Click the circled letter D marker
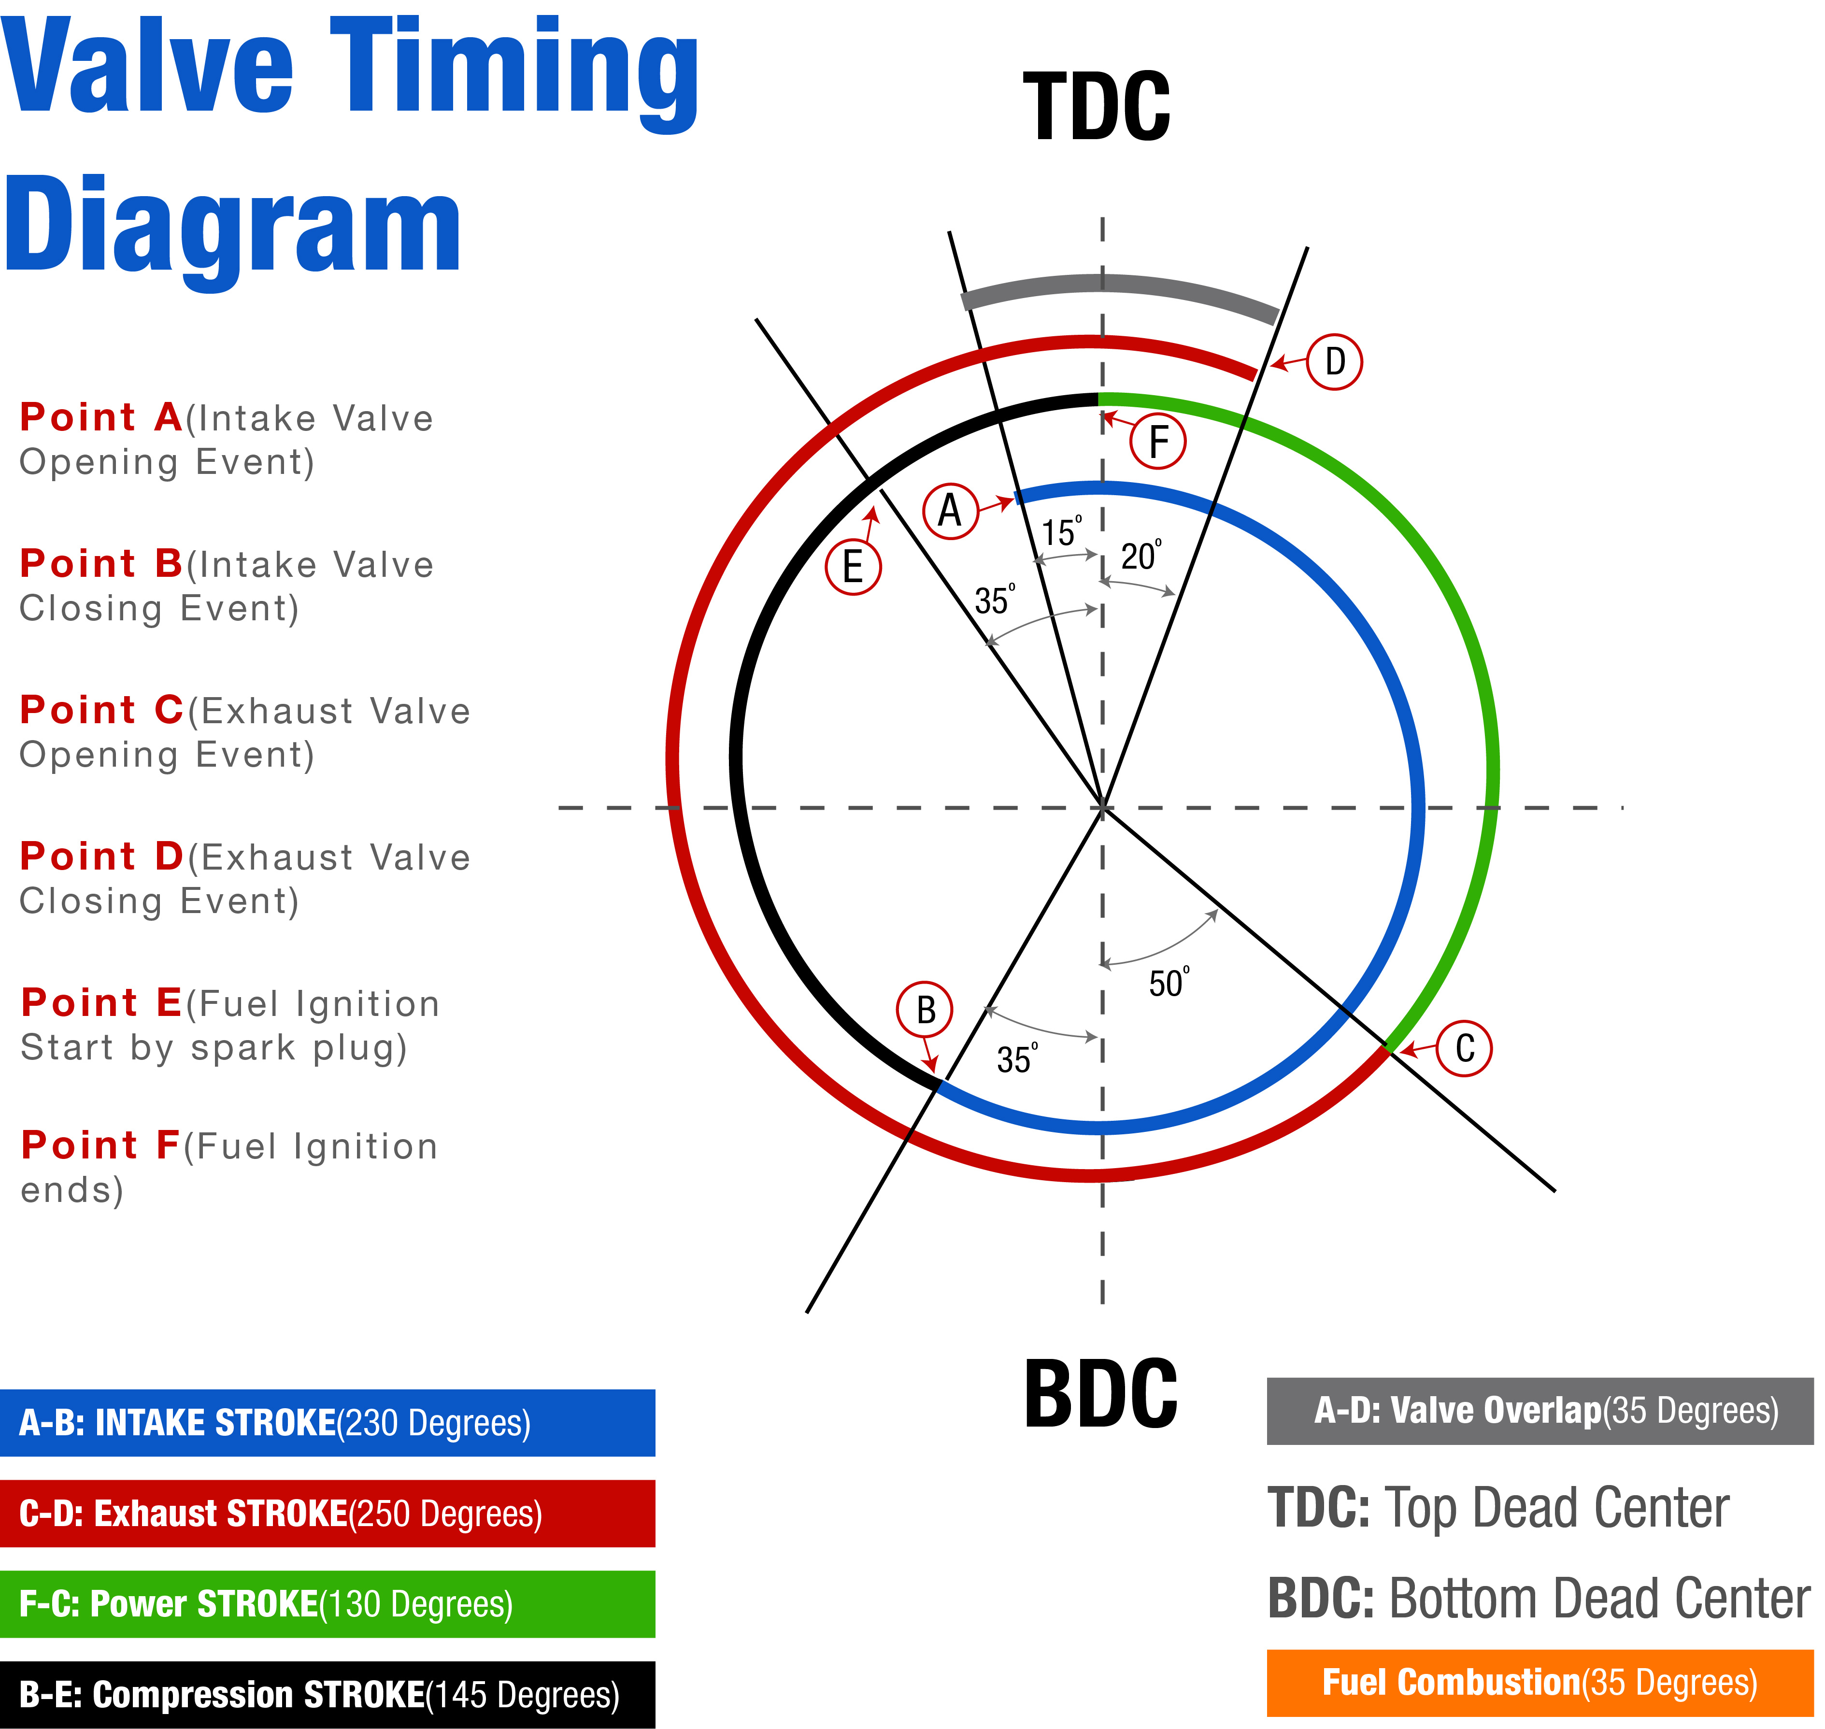coord(1334,361)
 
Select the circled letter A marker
coord(949,510)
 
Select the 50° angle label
coord(1169,983)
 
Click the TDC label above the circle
coord(1097,107)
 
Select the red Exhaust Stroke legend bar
coord(327,1514)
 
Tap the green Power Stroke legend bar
coord(327,1604)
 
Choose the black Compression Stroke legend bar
coord(327,1695)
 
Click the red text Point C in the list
coord(101,710)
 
